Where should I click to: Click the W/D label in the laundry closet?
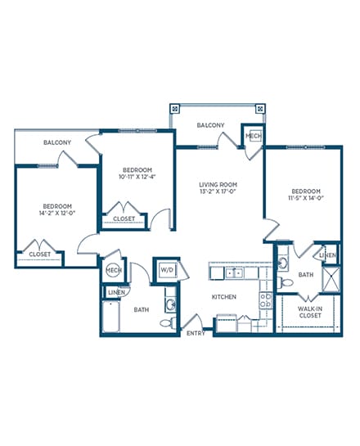167,270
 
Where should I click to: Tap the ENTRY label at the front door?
196,333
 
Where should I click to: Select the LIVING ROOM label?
218,185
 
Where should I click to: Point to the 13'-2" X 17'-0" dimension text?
218,191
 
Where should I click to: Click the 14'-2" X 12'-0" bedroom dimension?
57,213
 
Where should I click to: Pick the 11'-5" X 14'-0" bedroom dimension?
306,198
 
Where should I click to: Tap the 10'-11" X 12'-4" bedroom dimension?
137,177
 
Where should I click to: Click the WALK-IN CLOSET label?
310,312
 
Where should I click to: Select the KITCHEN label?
224,297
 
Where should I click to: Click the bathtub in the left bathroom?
111,317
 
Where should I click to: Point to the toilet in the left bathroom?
168,323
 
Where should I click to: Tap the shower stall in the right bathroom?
331,280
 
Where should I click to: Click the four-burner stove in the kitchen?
266,300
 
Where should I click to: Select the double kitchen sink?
235,273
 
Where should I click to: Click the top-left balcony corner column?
175,109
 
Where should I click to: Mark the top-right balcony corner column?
260,109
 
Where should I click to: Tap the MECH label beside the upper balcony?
254,136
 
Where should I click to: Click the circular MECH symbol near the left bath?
114,270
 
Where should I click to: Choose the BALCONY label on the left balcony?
57,142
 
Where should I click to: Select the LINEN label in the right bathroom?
328,255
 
